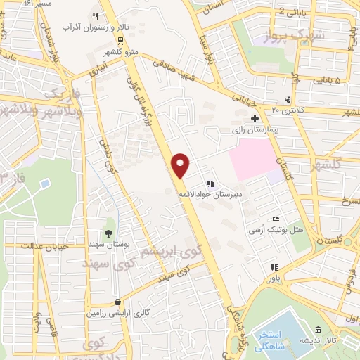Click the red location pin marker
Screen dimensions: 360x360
point(181,165)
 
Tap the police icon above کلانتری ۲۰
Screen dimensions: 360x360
point(287,99)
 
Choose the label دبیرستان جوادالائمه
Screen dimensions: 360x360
point(209,193)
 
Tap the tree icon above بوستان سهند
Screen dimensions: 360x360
point(109,232)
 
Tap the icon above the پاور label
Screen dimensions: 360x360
point(274,267)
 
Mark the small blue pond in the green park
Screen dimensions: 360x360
point(45,184)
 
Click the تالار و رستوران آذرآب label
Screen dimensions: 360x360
point(86,27)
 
